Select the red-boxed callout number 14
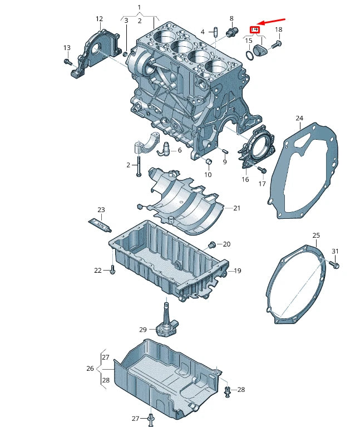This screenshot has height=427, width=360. [255, 29]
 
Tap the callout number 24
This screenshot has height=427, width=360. [299, 119]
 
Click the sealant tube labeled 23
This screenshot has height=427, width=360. [101, 224]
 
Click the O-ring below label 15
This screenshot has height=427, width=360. [248, 54]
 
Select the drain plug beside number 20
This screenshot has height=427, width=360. [211, 244]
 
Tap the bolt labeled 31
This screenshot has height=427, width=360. [336, 265]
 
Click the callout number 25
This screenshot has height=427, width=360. [316, 235]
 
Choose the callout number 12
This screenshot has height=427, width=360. [99, 19]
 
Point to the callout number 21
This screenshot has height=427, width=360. [236, 208]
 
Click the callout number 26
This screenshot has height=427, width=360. [90, 368]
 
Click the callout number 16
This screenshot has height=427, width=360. [245, 179]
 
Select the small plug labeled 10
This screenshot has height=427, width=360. [209, 162]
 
